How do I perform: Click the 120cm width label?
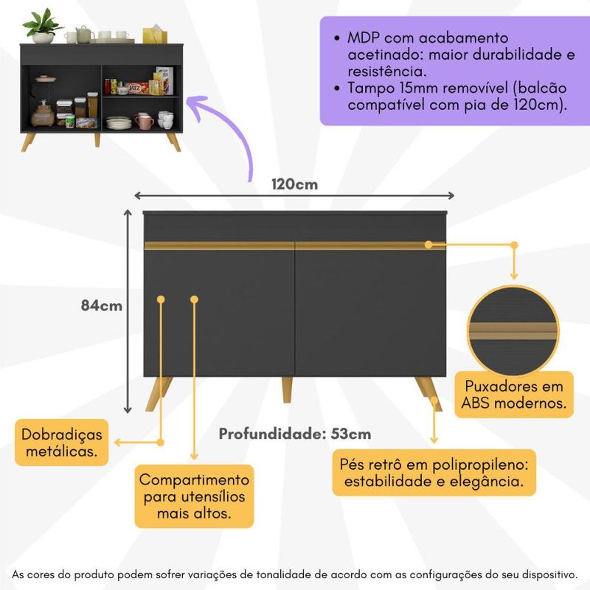click(x=294, y=184)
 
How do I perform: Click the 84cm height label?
click(x=102, y=305)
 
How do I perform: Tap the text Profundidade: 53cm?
click(x=295, y=434)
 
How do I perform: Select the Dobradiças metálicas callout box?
click(x=62, y=442)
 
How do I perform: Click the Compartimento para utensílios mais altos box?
click(x=194, y=496)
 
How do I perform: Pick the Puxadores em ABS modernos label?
click(x=514, y=395)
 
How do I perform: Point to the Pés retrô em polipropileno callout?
click(x=434, y=473)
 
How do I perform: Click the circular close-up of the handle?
click(x=513, y=331)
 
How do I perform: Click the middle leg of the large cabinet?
click(x=287, y=389)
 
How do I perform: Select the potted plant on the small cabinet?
click(x=43, y=26)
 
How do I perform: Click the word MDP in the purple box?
click(x=363, y=38)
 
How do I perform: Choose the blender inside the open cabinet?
click(x=44, y=102)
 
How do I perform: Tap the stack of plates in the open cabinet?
click(x=119, y=123)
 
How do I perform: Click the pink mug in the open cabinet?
click(x=144, y=121)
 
